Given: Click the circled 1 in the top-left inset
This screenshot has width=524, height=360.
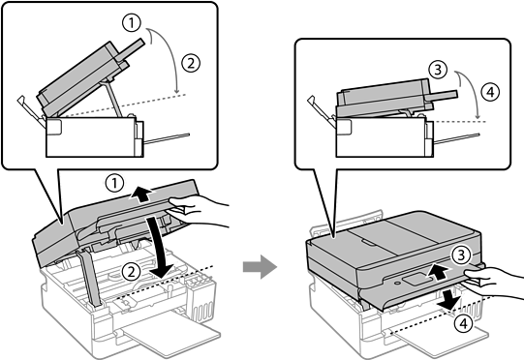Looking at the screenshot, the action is coord(132,23).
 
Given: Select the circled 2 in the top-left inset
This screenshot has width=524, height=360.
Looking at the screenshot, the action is coord(191,63).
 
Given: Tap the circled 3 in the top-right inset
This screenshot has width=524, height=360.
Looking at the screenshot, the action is coord(438,70).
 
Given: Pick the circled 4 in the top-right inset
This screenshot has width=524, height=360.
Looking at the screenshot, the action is coord(490,92).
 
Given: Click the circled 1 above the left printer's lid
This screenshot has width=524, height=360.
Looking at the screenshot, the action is coord(114,183).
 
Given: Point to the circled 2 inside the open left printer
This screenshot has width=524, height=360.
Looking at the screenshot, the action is coord(131,272).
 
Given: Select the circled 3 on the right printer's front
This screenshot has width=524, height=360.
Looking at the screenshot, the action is coord(461,255).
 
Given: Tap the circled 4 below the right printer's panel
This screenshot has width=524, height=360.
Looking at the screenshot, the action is coord(463,323).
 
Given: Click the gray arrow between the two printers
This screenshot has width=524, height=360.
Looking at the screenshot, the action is coord(260,266).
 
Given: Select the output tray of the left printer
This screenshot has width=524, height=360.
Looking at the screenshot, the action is coord(171,335).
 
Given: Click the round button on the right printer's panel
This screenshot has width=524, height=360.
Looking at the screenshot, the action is coord(397,283).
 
